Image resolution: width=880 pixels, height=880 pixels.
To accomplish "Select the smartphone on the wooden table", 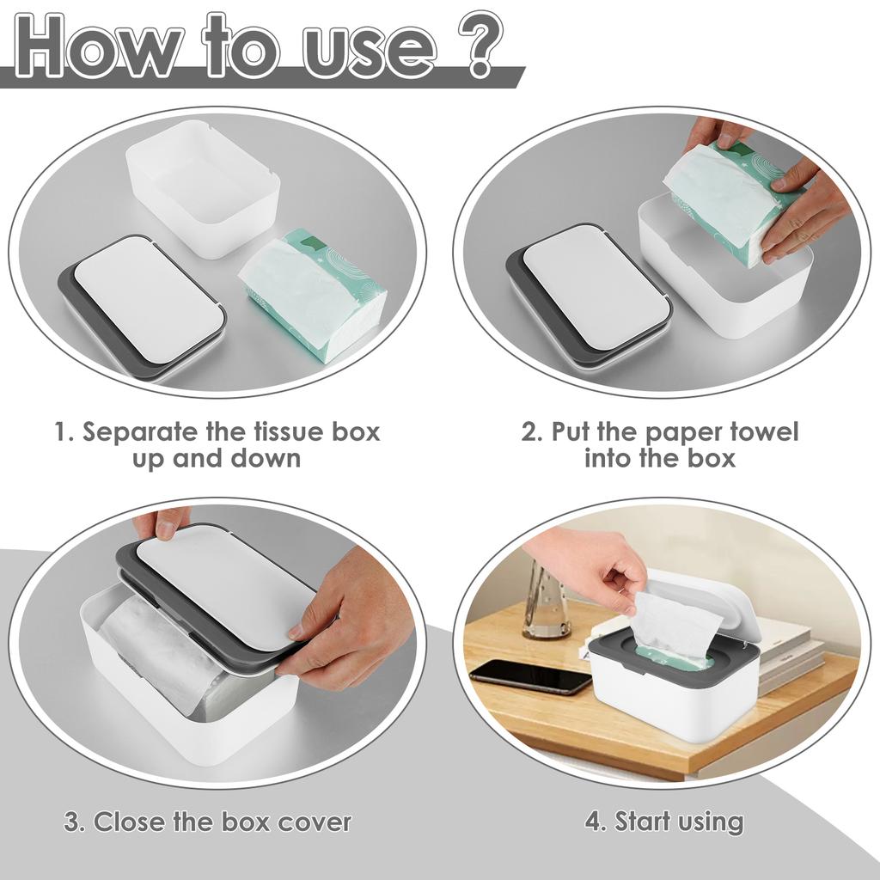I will click(x=531, y=675).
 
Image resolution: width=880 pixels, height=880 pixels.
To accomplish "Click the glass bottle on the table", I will click(x=547, y=602).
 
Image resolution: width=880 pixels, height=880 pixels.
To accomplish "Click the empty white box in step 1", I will click(x=204, y=186).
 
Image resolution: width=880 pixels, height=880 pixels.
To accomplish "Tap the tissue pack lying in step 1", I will click(x=314, y=293).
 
